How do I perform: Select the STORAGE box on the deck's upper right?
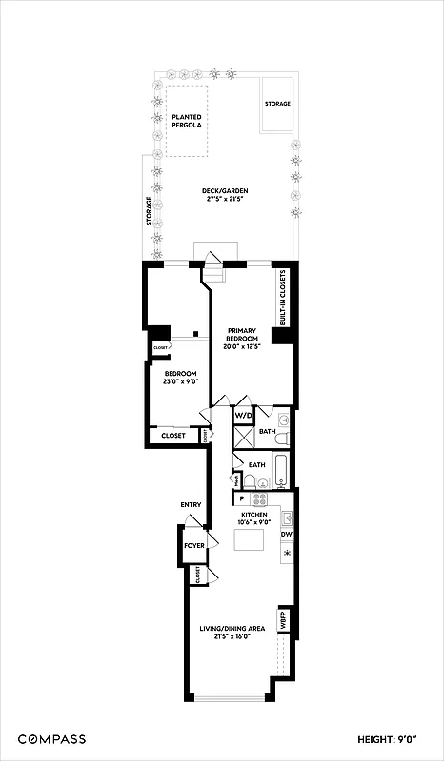tap(277, 103)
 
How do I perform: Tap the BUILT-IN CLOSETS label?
tap(283, 299)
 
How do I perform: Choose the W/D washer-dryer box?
tap(244, 417)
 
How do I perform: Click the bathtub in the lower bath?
tap(283, 473)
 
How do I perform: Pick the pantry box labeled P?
tap(242, 498)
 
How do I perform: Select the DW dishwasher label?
tap(286, 535)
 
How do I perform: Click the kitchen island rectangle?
tap(249, 541)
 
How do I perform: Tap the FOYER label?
tap(194, 546)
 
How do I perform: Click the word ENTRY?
tap(190, 504)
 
